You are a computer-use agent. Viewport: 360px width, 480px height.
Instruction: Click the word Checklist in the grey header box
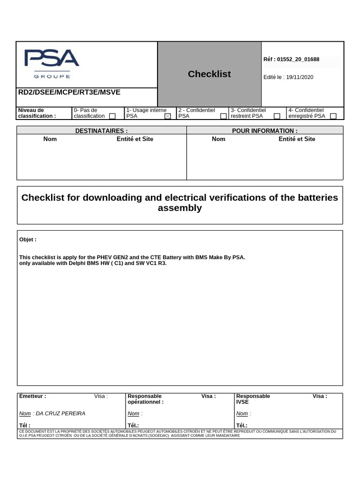[209, 74]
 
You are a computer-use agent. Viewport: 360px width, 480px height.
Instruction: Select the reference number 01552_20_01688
[298, 60]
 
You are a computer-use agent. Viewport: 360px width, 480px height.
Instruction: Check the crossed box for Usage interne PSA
[168, 116]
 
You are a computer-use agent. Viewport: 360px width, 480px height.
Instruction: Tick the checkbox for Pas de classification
[112, 116]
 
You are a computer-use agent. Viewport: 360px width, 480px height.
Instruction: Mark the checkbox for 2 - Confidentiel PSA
[224, 116]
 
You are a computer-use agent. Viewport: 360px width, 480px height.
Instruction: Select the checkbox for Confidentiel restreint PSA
[277, 116]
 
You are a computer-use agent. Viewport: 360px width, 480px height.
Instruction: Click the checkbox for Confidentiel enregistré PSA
[333, 116]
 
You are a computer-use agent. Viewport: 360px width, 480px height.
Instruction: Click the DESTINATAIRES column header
[101, 131]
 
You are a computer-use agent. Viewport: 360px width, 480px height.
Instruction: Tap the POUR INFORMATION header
[265, 131]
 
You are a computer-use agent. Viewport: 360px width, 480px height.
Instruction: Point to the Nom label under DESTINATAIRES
[50, 139]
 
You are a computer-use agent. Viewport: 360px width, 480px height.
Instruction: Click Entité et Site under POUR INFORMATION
[297, 139]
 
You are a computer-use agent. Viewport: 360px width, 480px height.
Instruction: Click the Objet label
[28, 240]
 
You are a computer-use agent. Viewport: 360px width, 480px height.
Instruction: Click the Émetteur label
[33, 396]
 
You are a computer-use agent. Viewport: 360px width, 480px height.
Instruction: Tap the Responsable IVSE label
[253, 399]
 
